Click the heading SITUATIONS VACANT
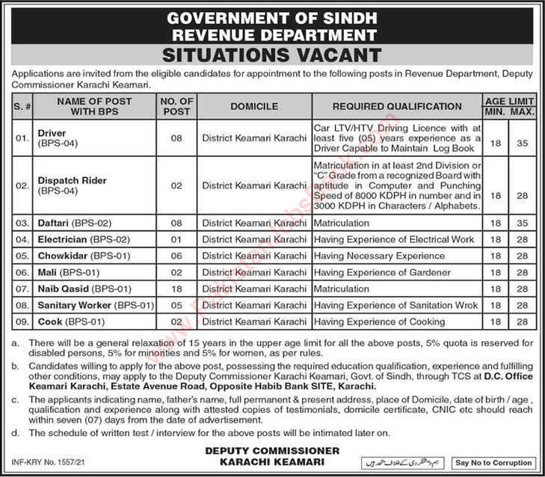272,55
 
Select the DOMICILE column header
253,107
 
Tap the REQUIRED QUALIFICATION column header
397,107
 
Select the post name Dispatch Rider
72,180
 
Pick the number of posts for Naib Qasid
178,289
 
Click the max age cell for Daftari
523,223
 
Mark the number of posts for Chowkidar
178,256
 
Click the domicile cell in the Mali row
253,272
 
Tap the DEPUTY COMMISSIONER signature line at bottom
272,450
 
